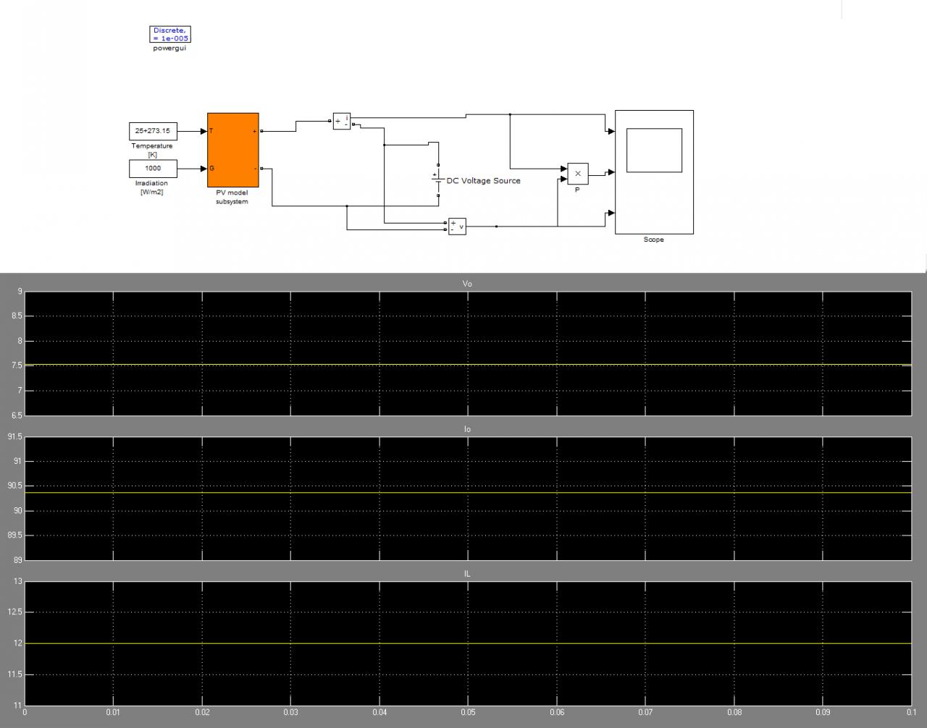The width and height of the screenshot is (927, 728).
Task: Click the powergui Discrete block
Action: tap(170, 35)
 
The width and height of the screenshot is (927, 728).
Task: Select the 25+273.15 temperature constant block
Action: tap(153, 131)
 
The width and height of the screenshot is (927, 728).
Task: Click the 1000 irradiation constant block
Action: tap(153, 169)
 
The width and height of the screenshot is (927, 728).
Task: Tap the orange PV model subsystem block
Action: tap(232, 150)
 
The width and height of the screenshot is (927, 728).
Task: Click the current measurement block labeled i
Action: tap(342, 122)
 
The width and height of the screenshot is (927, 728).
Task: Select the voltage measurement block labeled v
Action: tap(457, 227)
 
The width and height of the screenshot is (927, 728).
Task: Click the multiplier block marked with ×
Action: tap(577, 174)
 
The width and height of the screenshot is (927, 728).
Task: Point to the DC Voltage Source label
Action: tap(483, 181)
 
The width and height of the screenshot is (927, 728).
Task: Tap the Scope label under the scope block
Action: tap(653, 240)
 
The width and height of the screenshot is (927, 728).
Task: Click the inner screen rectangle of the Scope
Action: tap(654, 151)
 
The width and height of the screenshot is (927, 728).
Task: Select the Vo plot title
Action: tap(467, 284)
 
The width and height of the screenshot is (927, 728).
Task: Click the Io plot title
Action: tap(467, 429)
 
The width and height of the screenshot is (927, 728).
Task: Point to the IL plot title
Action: tap(467, 573)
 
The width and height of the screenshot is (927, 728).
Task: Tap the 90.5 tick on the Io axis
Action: tap(14, 486)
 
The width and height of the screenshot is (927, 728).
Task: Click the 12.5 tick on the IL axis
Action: tap(14, 612)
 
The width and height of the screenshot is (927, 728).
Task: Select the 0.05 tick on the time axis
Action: tap(468, 712)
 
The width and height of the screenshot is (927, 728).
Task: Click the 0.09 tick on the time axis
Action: tap(823, 712)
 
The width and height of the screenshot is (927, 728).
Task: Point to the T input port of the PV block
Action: tap(211, 131)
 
